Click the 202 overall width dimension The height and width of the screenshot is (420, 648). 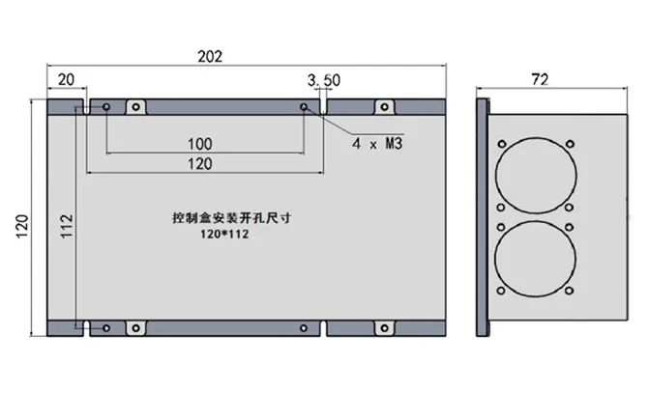pos(210,56)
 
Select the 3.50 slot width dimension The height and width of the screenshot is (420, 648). pos(322,78)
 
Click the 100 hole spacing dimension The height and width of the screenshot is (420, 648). pos(199,144)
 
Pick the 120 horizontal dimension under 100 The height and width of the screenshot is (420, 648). pos(199,164)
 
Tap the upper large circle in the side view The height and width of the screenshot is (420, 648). pos(534,174)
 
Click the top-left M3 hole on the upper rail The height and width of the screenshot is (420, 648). pos(105,106)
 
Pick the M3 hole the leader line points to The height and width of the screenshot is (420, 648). pos(305,106)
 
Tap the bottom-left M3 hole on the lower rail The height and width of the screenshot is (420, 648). pos(105,328)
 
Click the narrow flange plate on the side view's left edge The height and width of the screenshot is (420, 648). pos(484,216)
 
